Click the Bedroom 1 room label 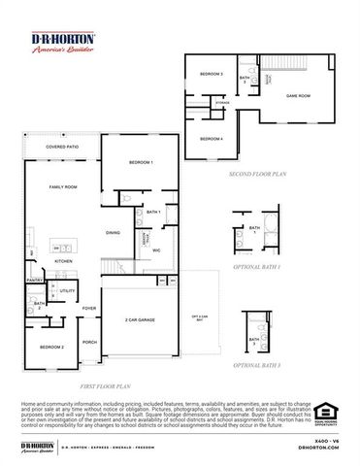pyautogui.click(x=141, y=162)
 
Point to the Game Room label pyautogui.click(x=297, y=96)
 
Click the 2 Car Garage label pyautogui.click(x=141, y=319)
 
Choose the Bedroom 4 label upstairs pyautogui.click(x=212, y=139)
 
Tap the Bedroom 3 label pyautogui.click(x=212, y=75)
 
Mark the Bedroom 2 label pyautogui.click(x=52, y=347)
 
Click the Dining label pyautogui.click(x=114, y=233)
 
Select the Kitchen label pyautogui.click(x=63, y=261)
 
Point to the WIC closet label pyautogui.click(x=156, y=250)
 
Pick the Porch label pyautogui.click(x=89, y=342)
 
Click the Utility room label pyautogui.click(x=67, y=290)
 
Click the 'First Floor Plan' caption pyautogui.click(x=104, y=385)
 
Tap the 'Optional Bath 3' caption pyautogui.click(x=257, y=364)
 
